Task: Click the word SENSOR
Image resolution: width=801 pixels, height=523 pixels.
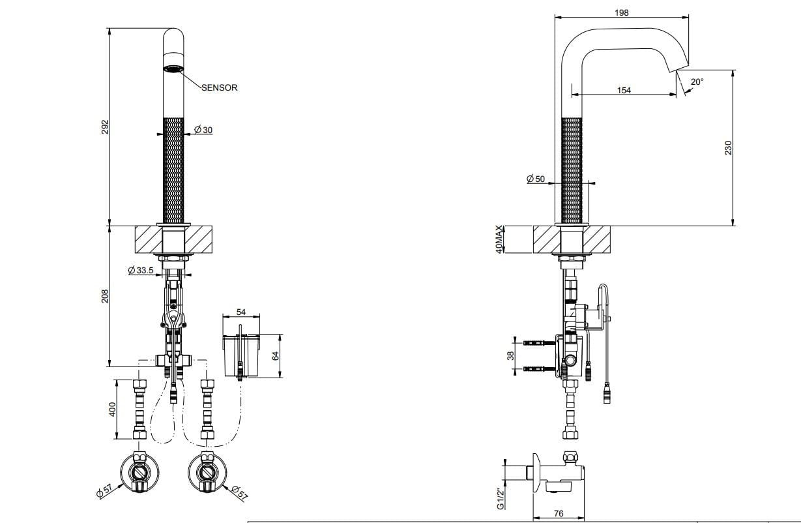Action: (x=219, y=87)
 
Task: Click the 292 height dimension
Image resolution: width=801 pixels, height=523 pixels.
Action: (x=105, y=127)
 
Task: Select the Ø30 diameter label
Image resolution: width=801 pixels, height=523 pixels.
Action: (x=203, y=130)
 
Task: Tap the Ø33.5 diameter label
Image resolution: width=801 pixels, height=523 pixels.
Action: (x=141, y=270)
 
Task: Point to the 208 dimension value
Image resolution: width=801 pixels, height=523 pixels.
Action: (x=105, y=296)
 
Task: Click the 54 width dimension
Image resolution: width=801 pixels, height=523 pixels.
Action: (x=241, y=312)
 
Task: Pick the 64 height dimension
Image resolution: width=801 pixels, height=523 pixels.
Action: (x=275, y=356)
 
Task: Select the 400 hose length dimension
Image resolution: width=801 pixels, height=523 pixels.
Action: (x=112, y=410)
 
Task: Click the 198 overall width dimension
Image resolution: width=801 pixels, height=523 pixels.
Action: (x=622, y=12)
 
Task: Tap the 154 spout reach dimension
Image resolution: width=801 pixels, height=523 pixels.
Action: (x=624, y=90)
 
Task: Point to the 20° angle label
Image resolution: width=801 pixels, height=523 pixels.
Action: (x=697, y=82)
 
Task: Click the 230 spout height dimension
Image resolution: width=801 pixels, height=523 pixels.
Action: (x=728, y=148)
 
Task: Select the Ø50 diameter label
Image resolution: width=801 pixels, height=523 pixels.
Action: (x=535, y=179)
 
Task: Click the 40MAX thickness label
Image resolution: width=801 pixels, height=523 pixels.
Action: (x=499, y=239)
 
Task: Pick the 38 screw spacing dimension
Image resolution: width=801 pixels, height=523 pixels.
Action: (x=510, y=355)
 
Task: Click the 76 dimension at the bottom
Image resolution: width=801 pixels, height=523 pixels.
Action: (x=559, y=513)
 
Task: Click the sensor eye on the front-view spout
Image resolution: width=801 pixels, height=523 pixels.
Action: (x=173, y=68)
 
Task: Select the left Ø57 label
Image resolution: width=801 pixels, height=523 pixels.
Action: (x=104, y=490)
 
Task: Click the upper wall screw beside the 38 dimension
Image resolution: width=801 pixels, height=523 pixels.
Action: (x=539, y=343)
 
